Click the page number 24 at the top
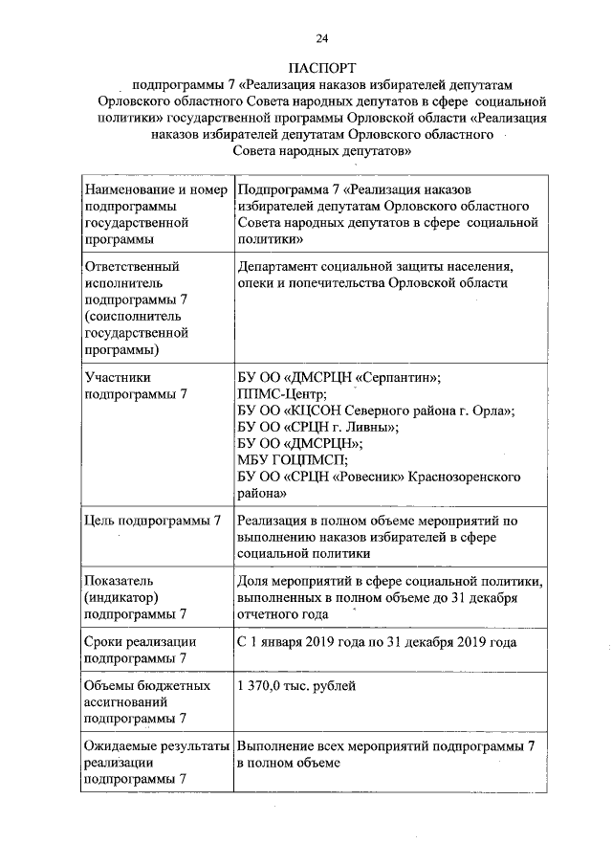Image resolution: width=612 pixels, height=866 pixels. (x=321, y=37)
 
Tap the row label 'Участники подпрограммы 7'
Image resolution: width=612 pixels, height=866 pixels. (x=136, y=386)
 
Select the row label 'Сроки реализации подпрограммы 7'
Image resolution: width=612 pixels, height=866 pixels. (x=140, y=651)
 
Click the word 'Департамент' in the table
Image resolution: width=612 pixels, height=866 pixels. (x=284, y=267)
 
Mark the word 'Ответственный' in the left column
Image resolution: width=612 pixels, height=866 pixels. (x=132, y=267)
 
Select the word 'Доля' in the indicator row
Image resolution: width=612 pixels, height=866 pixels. (x=253, y=581)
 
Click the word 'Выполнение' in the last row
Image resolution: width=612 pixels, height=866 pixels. (x=277, y=744)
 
